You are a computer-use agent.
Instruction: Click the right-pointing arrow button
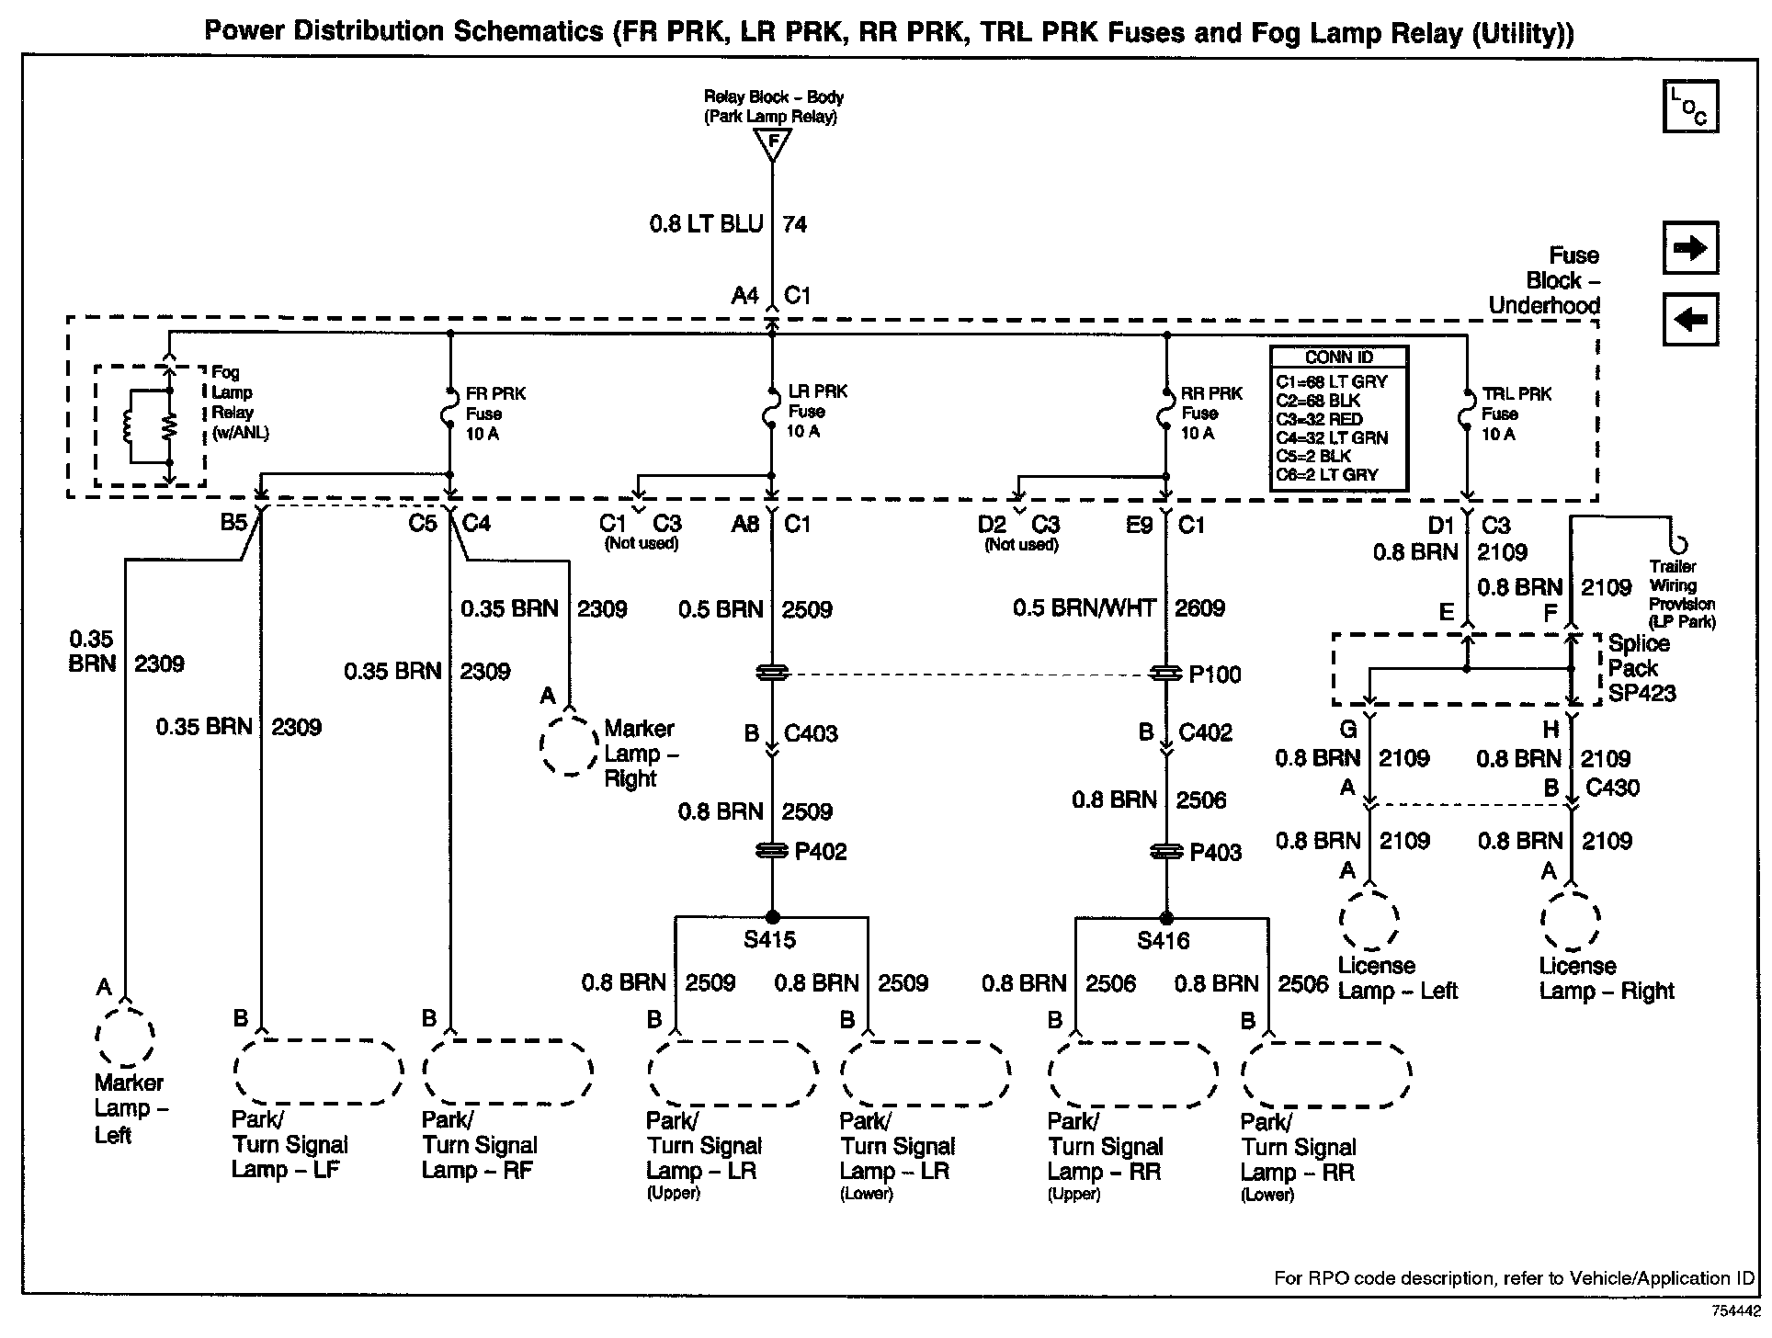pos(1689,248)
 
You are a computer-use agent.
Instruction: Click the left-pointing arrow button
pos(1689,320)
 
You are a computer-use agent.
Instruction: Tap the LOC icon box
pos(1689,107)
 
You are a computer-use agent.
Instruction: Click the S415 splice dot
pos(772,917)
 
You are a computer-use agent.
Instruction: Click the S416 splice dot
pos(1166,918)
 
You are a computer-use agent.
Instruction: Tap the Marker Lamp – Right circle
pos(569,744)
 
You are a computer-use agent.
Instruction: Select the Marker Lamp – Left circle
pos(125,1036)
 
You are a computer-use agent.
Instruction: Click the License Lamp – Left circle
pos(1369,919)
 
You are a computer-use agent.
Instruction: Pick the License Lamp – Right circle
pos(1571,920)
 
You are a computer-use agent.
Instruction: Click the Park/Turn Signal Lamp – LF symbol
pos(318,1071)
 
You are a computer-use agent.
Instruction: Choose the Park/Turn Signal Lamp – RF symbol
pos(507,1071)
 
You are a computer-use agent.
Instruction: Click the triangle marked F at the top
pos(772,143)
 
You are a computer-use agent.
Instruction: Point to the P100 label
pos(1214,675)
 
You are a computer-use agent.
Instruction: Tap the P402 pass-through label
pos(820,852)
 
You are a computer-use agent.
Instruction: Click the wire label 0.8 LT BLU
pos(706,224)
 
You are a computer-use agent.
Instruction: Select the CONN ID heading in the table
pos(1338,357)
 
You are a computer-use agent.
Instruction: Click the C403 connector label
pos(810,733)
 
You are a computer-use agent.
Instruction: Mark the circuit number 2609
pos(1199,608)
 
